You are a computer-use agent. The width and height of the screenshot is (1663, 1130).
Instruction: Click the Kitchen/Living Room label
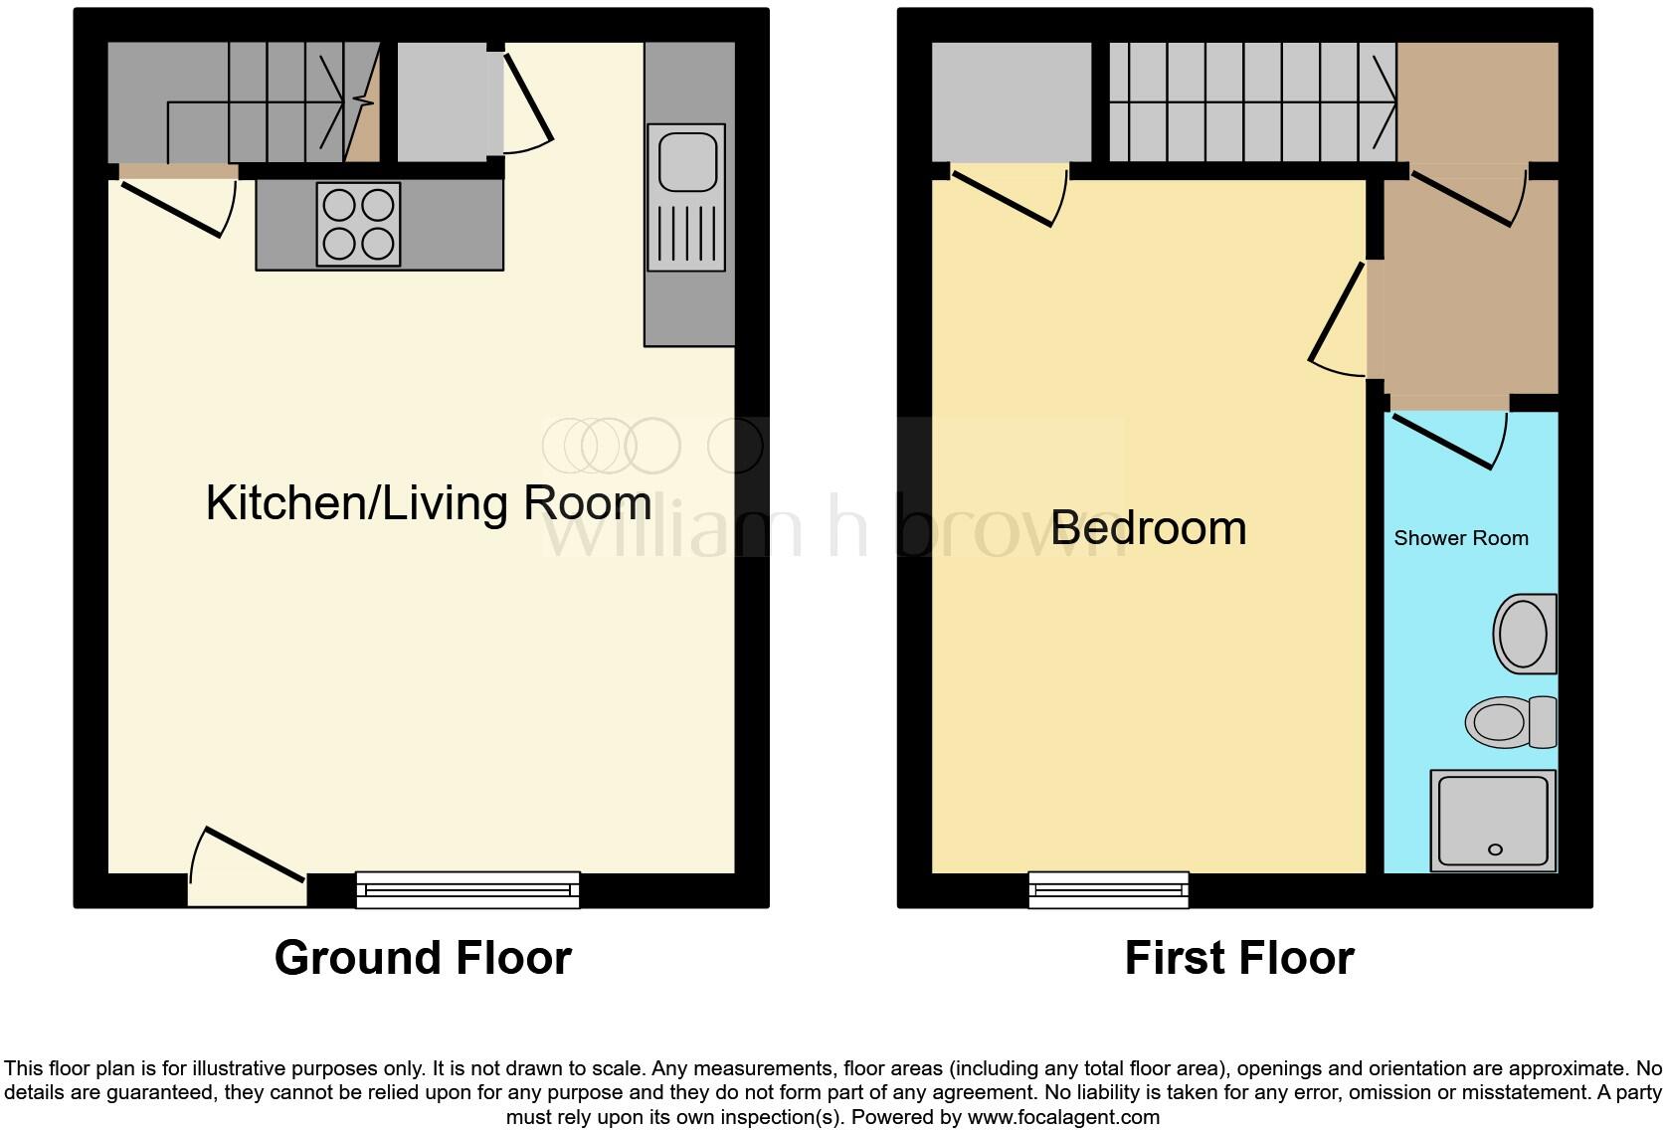coord(428,503)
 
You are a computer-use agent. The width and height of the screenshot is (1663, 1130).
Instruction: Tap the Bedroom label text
coord(1148,528)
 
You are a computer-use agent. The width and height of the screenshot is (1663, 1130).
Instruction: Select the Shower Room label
coord(1460,538)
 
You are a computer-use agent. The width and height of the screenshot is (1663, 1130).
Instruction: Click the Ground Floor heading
coord(423,958)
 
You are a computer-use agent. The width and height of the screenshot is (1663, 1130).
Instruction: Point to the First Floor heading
coord(1238,958)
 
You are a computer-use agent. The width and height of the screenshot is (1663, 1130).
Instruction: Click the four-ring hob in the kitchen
coord(358,224)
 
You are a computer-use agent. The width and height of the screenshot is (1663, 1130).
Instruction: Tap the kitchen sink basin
coord(686,159)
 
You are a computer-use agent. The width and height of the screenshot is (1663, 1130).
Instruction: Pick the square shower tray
coord(1492,821)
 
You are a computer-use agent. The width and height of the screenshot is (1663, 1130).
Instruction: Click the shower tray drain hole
coord(1494,849)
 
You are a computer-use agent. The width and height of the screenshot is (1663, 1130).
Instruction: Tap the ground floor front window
coord(467,888)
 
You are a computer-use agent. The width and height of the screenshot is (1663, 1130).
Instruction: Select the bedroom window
coord(1108,888)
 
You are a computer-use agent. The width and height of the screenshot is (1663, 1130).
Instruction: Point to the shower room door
coord(1447,438)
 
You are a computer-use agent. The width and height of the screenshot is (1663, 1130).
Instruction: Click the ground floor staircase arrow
coord(334,99)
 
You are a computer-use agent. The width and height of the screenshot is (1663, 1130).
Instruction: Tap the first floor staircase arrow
coord(1384,99)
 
